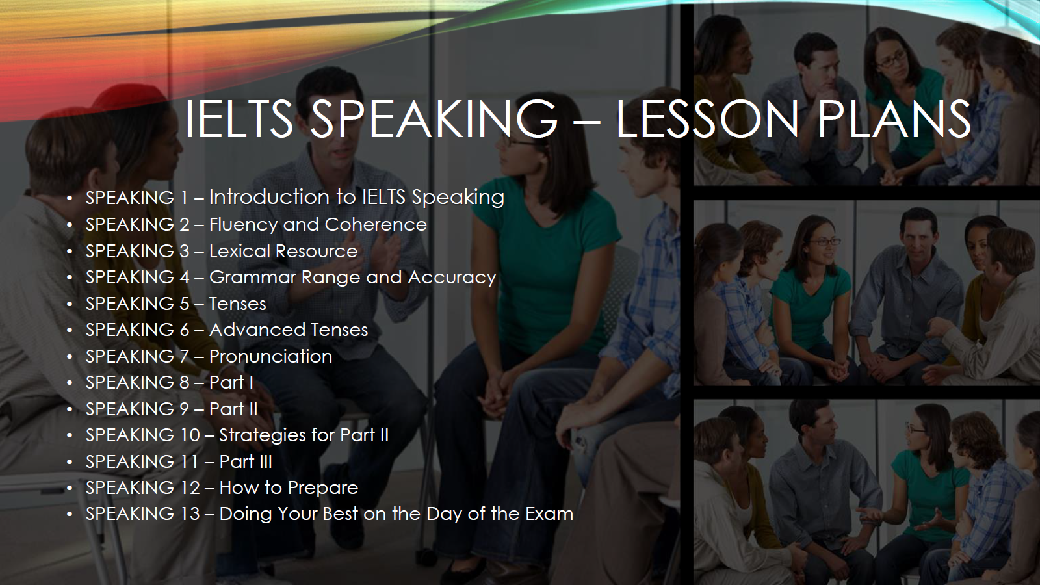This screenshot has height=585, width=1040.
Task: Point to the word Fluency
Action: pos(242,225)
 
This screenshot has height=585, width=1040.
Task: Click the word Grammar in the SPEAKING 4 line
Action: pos(253,277)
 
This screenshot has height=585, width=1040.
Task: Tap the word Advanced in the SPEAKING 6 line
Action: pos(257,330)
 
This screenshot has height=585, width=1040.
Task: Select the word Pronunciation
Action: pos(270,356)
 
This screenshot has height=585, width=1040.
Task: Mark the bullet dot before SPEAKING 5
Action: pos(70,304)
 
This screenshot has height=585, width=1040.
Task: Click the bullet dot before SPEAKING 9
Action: pos(70,409)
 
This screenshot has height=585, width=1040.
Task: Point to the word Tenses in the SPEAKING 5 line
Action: pos(238,304)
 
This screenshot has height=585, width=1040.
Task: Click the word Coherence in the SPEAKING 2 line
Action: pos(376,225)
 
